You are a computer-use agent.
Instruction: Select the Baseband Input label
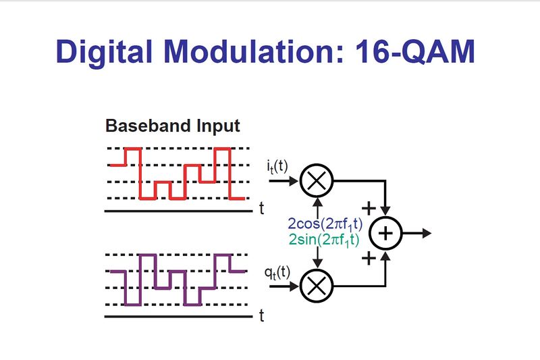coord(172,126)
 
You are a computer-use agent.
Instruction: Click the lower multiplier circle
coord(316,286)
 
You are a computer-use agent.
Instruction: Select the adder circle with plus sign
coord(385,233)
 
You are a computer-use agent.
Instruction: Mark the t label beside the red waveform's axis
coord(261,209)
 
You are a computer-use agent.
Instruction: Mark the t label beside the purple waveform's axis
coord(261,315)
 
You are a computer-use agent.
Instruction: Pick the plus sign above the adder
coord(369,207)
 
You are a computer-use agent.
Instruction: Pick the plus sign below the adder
coord(369,259)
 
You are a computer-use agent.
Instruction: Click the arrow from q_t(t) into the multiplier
coord(287,286)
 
